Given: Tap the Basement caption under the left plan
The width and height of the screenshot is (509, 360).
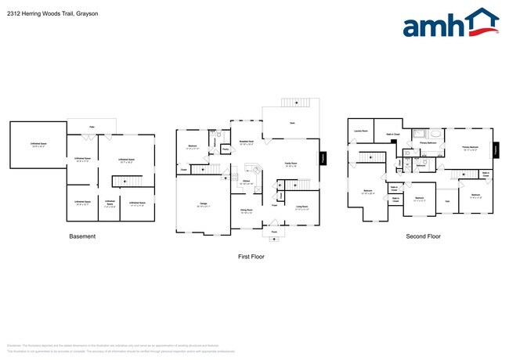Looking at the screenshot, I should click(82, 236).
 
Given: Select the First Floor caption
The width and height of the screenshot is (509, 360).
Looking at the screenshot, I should click(252, 256).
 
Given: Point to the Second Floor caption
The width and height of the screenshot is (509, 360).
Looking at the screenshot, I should click(423, 236).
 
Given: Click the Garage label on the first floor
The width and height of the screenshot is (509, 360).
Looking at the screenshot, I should click(203, 204).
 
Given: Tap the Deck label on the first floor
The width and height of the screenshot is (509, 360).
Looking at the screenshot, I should click(292, 124).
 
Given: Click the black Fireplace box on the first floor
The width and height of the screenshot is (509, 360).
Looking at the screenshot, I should click(323, 157).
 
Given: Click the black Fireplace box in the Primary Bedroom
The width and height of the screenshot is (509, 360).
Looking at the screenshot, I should click(495, 150).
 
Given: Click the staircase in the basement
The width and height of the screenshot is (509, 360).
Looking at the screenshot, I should click(123, 182).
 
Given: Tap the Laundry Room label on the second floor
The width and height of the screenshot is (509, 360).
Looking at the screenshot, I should click(360, 131).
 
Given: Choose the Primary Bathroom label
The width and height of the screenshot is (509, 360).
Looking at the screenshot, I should click(428, 143).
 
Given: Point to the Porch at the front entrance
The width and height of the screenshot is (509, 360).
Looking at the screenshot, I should click(274, 232).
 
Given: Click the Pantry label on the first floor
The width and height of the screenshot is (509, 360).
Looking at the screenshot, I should click(225, 149).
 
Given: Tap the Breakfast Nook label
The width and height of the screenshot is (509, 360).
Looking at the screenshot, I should click(244, 143).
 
